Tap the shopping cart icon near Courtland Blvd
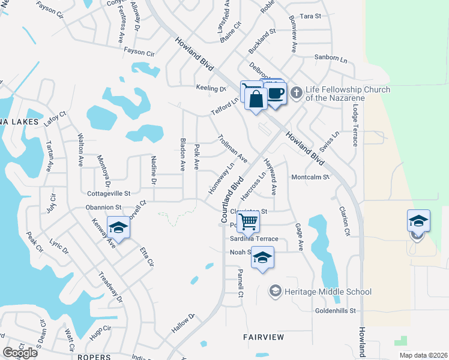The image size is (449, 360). [x=248, y=221]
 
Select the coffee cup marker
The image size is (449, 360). [x=276, y=94]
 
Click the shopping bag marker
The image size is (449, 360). [x=256, y=99]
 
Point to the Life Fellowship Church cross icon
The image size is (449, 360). [x=295, y=93]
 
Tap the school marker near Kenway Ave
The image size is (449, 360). [x=119, y=228]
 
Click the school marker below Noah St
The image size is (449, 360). [x=262, y=258]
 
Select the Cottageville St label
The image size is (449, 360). [x=109, y=194]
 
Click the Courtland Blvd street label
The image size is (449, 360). [x=232, y=200]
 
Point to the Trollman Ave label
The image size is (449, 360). [x=232, y=148]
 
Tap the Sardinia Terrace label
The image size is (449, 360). [x=255, y=239]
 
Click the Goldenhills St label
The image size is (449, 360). [x=336, y=311]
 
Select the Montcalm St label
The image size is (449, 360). [x=310, y=177]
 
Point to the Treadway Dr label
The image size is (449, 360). [x=110, y=288]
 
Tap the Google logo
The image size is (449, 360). [x=20, y=353]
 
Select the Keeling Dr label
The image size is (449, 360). [x=211, y=88]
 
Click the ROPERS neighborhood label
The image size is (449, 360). [x=95, y=356]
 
